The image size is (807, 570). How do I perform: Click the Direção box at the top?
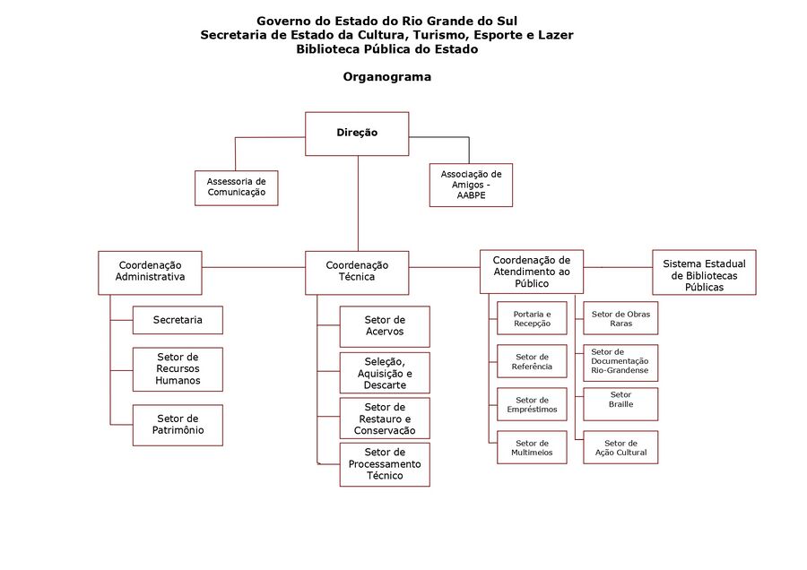[x=357, y=133]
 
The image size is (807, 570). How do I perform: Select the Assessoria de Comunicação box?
[x=237, y=186]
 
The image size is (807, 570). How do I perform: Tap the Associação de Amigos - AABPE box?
[x=471, y=186]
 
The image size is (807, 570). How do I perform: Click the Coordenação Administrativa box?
[x=150, y=272]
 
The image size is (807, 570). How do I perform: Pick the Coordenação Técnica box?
[x=357, y=272]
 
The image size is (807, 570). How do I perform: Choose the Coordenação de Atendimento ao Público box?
[x=531, y=272]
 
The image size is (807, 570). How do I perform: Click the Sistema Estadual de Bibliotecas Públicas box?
[x=704, y=272]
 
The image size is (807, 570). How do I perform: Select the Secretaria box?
[x=178, y=320]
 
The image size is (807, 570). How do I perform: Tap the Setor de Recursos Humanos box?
[x=178, y=369]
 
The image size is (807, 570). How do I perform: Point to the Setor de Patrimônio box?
[x=178, y=425]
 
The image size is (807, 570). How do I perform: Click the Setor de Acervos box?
[x=384, y=326]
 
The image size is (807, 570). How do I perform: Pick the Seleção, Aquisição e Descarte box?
[x=384, y=373]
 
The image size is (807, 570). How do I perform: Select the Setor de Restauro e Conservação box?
[x=384, y=419]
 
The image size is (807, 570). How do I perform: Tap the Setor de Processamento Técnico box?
[x=384, y=464]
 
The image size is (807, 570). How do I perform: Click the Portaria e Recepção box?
[x=532, y=318]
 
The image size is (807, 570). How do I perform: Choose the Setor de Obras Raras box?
[x=620, y=318]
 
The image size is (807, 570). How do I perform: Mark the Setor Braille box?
[x=620, y=403]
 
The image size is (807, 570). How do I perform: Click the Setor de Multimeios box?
[x=532, y=447]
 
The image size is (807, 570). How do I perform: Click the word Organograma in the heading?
[x=386, y=77]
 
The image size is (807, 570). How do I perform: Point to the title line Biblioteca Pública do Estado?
[x=386, y=49]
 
